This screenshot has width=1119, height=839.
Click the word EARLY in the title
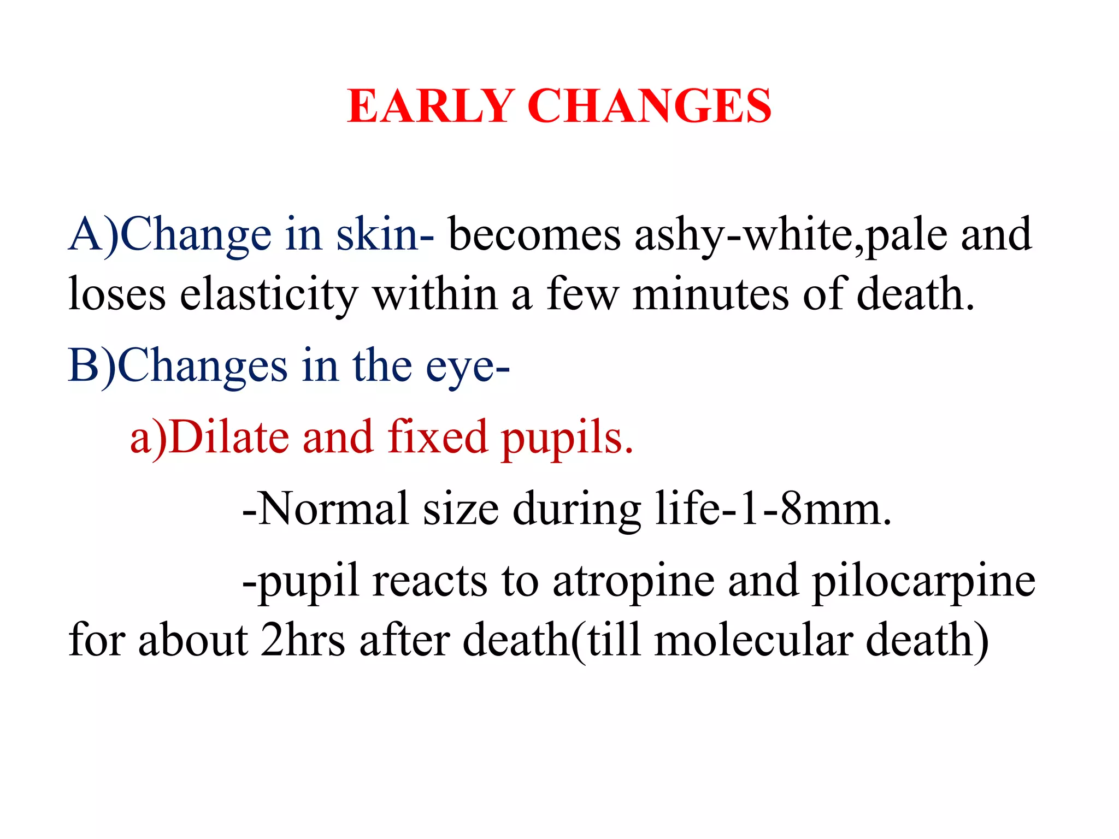tap(430, 106)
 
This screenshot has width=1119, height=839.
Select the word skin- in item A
tap(385, 235)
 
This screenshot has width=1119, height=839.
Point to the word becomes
tap(534, 235)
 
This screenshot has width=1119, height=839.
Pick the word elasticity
tap(268, 295)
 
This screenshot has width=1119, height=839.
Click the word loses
tap(117, 295)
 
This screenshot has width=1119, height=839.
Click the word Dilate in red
tap(229, 437)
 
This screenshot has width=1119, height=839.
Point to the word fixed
tap(438, 437)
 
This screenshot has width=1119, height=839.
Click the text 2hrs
tap(303, 640)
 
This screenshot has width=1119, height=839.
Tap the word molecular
tap(753, 640)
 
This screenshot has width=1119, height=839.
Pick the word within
tap(435, 295)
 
